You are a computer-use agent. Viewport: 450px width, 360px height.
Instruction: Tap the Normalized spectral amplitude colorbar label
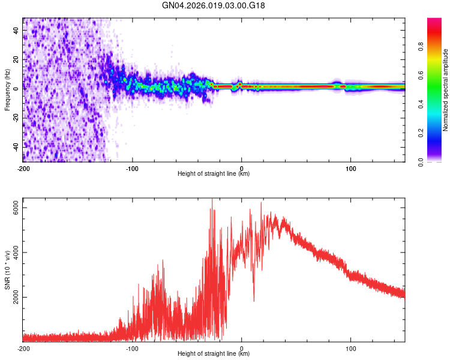click(x=445, y=90)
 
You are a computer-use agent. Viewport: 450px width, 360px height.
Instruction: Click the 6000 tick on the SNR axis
click(x=17, y=208)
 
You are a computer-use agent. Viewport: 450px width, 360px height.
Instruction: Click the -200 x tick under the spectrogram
click(x=23, y=168)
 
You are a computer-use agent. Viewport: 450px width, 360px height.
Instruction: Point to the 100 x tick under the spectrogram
click(x=350, y=168)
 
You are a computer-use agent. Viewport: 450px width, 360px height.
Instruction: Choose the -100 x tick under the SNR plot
click(x=132, y=348)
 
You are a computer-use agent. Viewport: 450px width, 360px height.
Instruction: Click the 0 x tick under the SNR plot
click(x=242, y=348)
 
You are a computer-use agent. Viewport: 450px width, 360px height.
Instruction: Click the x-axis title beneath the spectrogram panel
click(x=214, y=174)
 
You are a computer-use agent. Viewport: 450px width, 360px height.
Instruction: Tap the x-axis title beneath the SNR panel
click(x=214, y=354)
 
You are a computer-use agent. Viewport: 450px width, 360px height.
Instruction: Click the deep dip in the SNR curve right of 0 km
click(x=254, y=300)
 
